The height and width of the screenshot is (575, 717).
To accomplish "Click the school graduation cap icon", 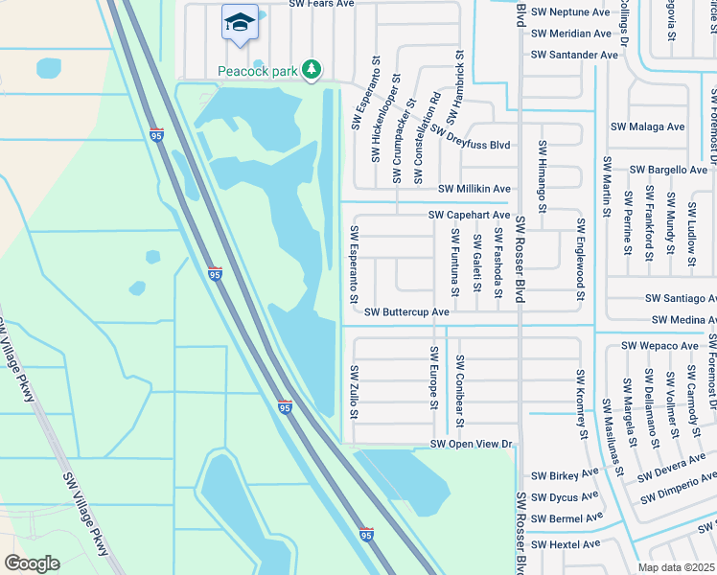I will coord(239,21).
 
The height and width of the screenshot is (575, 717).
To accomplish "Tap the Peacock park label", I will coord(258,70).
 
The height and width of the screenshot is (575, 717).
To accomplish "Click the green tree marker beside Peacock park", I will coord(311,69).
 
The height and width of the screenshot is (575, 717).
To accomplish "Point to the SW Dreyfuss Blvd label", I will coord(470,145).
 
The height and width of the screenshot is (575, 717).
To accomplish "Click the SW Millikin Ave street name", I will coord(474,190).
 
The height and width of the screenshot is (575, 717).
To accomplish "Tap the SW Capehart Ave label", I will coord(469,216).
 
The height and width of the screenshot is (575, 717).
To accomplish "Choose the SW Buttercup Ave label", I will coord(407,312).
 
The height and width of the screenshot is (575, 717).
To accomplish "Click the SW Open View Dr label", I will coord(473,445).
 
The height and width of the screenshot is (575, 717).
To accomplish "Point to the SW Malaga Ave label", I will coord(648,126).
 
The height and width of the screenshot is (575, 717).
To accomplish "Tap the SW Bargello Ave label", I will coord(668,170).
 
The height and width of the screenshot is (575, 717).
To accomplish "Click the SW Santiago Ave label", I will coord(681,299).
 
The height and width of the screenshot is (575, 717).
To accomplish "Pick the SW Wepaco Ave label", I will coord(659,345).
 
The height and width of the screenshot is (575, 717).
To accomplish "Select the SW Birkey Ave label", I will coord(564,474).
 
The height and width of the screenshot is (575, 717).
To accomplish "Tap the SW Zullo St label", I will coord(354,392).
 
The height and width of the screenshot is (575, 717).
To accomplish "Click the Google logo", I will coord(32,563).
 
